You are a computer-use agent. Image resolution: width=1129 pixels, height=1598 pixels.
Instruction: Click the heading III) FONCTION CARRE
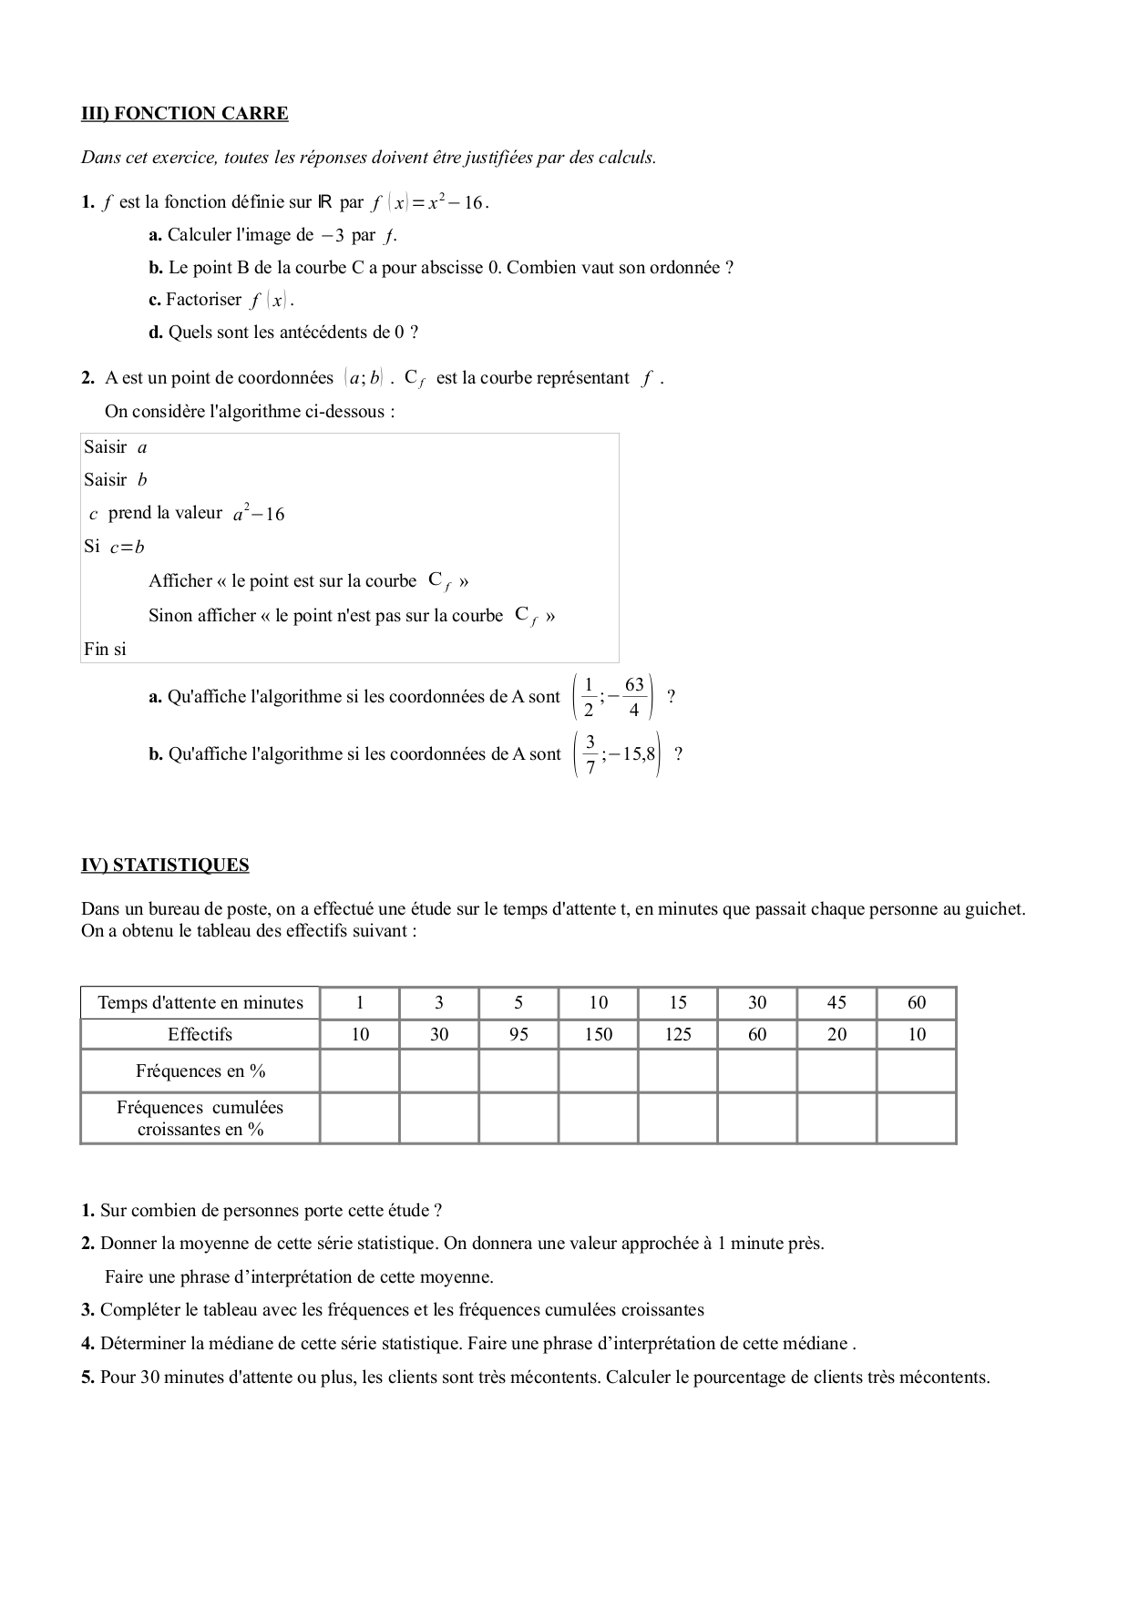(184, 114)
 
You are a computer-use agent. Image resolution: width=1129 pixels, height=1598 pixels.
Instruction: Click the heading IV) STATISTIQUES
(165, 866)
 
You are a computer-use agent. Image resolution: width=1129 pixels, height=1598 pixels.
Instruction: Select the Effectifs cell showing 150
(598, 1034)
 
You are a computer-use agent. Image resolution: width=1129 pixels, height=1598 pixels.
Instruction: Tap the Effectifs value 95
(518, 1034)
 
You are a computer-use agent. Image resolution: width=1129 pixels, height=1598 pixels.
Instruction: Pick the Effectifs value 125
(677, 1034)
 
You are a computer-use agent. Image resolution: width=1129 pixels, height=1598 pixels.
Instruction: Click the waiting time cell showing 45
(836, 1003)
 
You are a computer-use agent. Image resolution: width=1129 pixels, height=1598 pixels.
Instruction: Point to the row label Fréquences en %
(200, 1071)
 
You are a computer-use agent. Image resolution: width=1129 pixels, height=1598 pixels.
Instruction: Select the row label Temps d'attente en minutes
(200, 1003)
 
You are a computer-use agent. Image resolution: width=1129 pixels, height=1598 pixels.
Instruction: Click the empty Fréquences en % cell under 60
(916, 1071)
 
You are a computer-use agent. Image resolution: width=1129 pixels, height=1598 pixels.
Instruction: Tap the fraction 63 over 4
(634, 697)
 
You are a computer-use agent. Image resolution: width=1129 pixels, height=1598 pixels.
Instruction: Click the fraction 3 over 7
(590, 754)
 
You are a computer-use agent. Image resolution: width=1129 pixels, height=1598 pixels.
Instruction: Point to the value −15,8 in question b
(631, 754)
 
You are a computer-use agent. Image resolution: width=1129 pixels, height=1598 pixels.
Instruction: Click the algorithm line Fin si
(105, 650)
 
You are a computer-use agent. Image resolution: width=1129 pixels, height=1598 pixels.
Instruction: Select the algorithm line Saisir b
(115, 480)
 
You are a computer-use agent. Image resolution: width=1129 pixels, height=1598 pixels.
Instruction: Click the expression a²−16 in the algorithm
(259, 514)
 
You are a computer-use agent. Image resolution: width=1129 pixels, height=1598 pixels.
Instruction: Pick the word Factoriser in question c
(203, 300)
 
